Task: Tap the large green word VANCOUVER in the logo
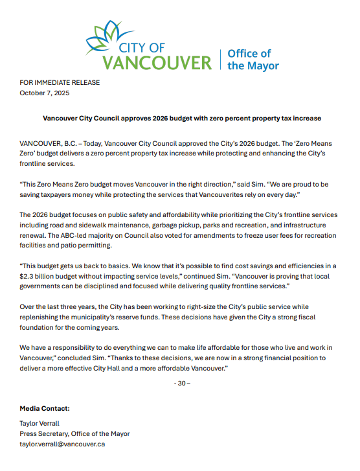pyautogui.click(x=157, y=63)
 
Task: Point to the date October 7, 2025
pyautogui.click(x=45, y=93)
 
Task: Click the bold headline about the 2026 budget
pyautogui.click(x=182, y=119)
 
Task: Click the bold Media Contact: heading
pyautogui.click(x=45, y=408)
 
